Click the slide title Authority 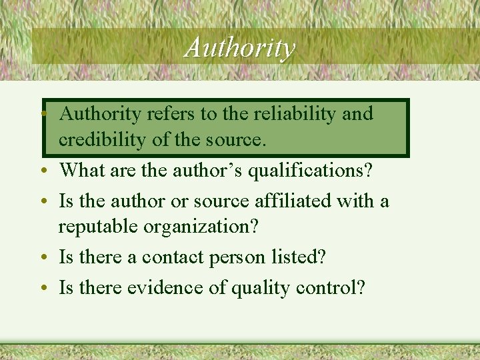click(239, 47)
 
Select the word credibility click(96, 140)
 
